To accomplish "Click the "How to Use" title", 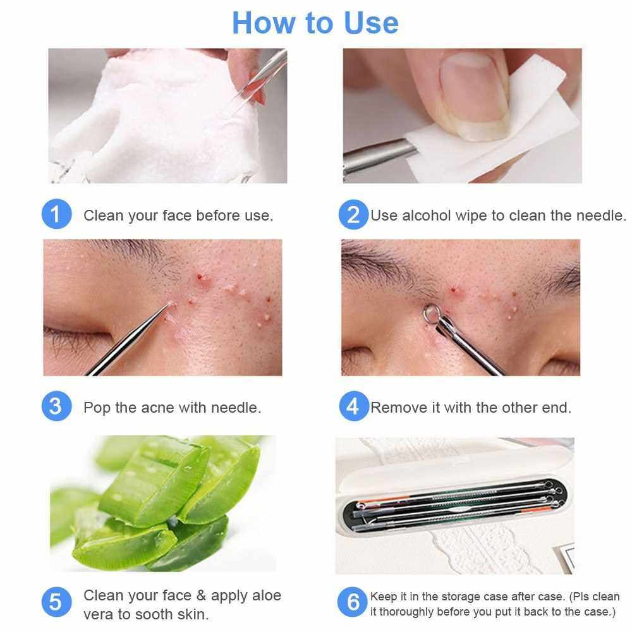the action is click(x=315, y=23).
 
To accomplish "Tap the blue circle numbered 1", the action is click(x=56, y=214).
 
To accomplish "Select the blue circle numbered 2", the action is click(x=353, y=214).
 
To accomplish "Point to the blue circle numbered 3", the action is click(x=56, y=406).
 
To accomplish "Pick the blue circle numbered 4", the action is click(x=353, y=406).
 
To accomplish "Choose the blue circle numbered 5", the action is click(x=56, y=602).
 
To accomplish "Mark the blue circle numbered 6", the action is click(x=353, y=602).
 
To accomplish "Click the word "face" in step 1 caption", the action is click(x=177, y=216).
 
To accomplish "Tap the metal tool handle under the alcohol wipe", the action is click(x=379, y=155).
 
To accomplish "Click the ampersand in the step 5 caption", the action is click(x=201, y=595).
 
